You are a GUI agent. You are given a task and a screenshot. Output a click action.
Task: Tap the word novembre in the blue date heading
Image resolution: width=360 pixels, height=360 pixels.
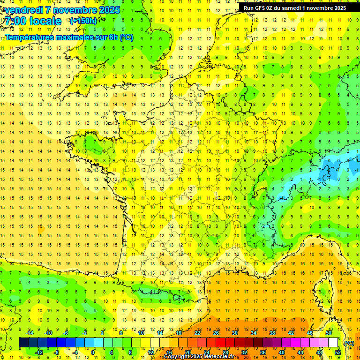click(75, 9)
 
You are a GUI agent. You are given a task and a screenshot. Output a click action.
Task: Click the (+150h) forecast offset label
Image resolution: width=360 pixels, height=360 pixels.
click(83, 21)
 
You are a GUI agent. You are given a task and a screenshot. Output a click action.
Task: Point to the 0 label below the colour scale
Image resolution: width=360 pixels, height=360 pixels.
click(93, 352)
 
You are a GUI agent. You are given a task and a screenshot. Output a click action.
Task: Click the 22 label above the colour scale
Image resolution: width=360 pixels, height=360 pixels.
click(197, 333)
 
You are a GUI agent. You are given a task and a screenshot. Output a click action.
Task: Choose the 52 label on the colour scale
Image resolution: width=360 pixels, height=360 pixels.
click(338, 352)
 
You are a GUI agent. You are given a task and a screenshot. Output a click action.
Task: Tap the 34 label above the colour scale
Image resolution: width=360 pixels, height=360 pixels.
click(254, 333)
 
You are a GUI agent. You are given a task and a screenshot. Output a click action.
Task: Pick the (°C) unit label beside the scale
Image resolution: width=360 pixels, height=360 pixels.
click(349, 343)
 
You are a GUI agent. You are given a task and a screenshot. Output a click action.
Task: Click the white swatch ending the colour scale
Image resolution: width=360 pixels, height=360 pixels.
click(333, 343)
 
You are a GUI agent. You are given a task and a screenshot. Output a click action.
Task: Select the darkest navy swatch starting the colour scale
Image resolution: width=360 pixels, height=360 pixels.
click(23, 343)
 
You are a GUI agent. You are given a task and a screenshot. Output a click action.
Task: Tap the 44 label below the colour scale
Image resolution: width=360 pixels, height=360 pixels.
click(300, 352)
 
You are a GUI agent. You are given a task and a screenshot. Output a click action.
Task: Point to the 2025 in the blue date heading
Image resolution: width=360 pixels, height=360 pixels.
click(106, 9)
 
